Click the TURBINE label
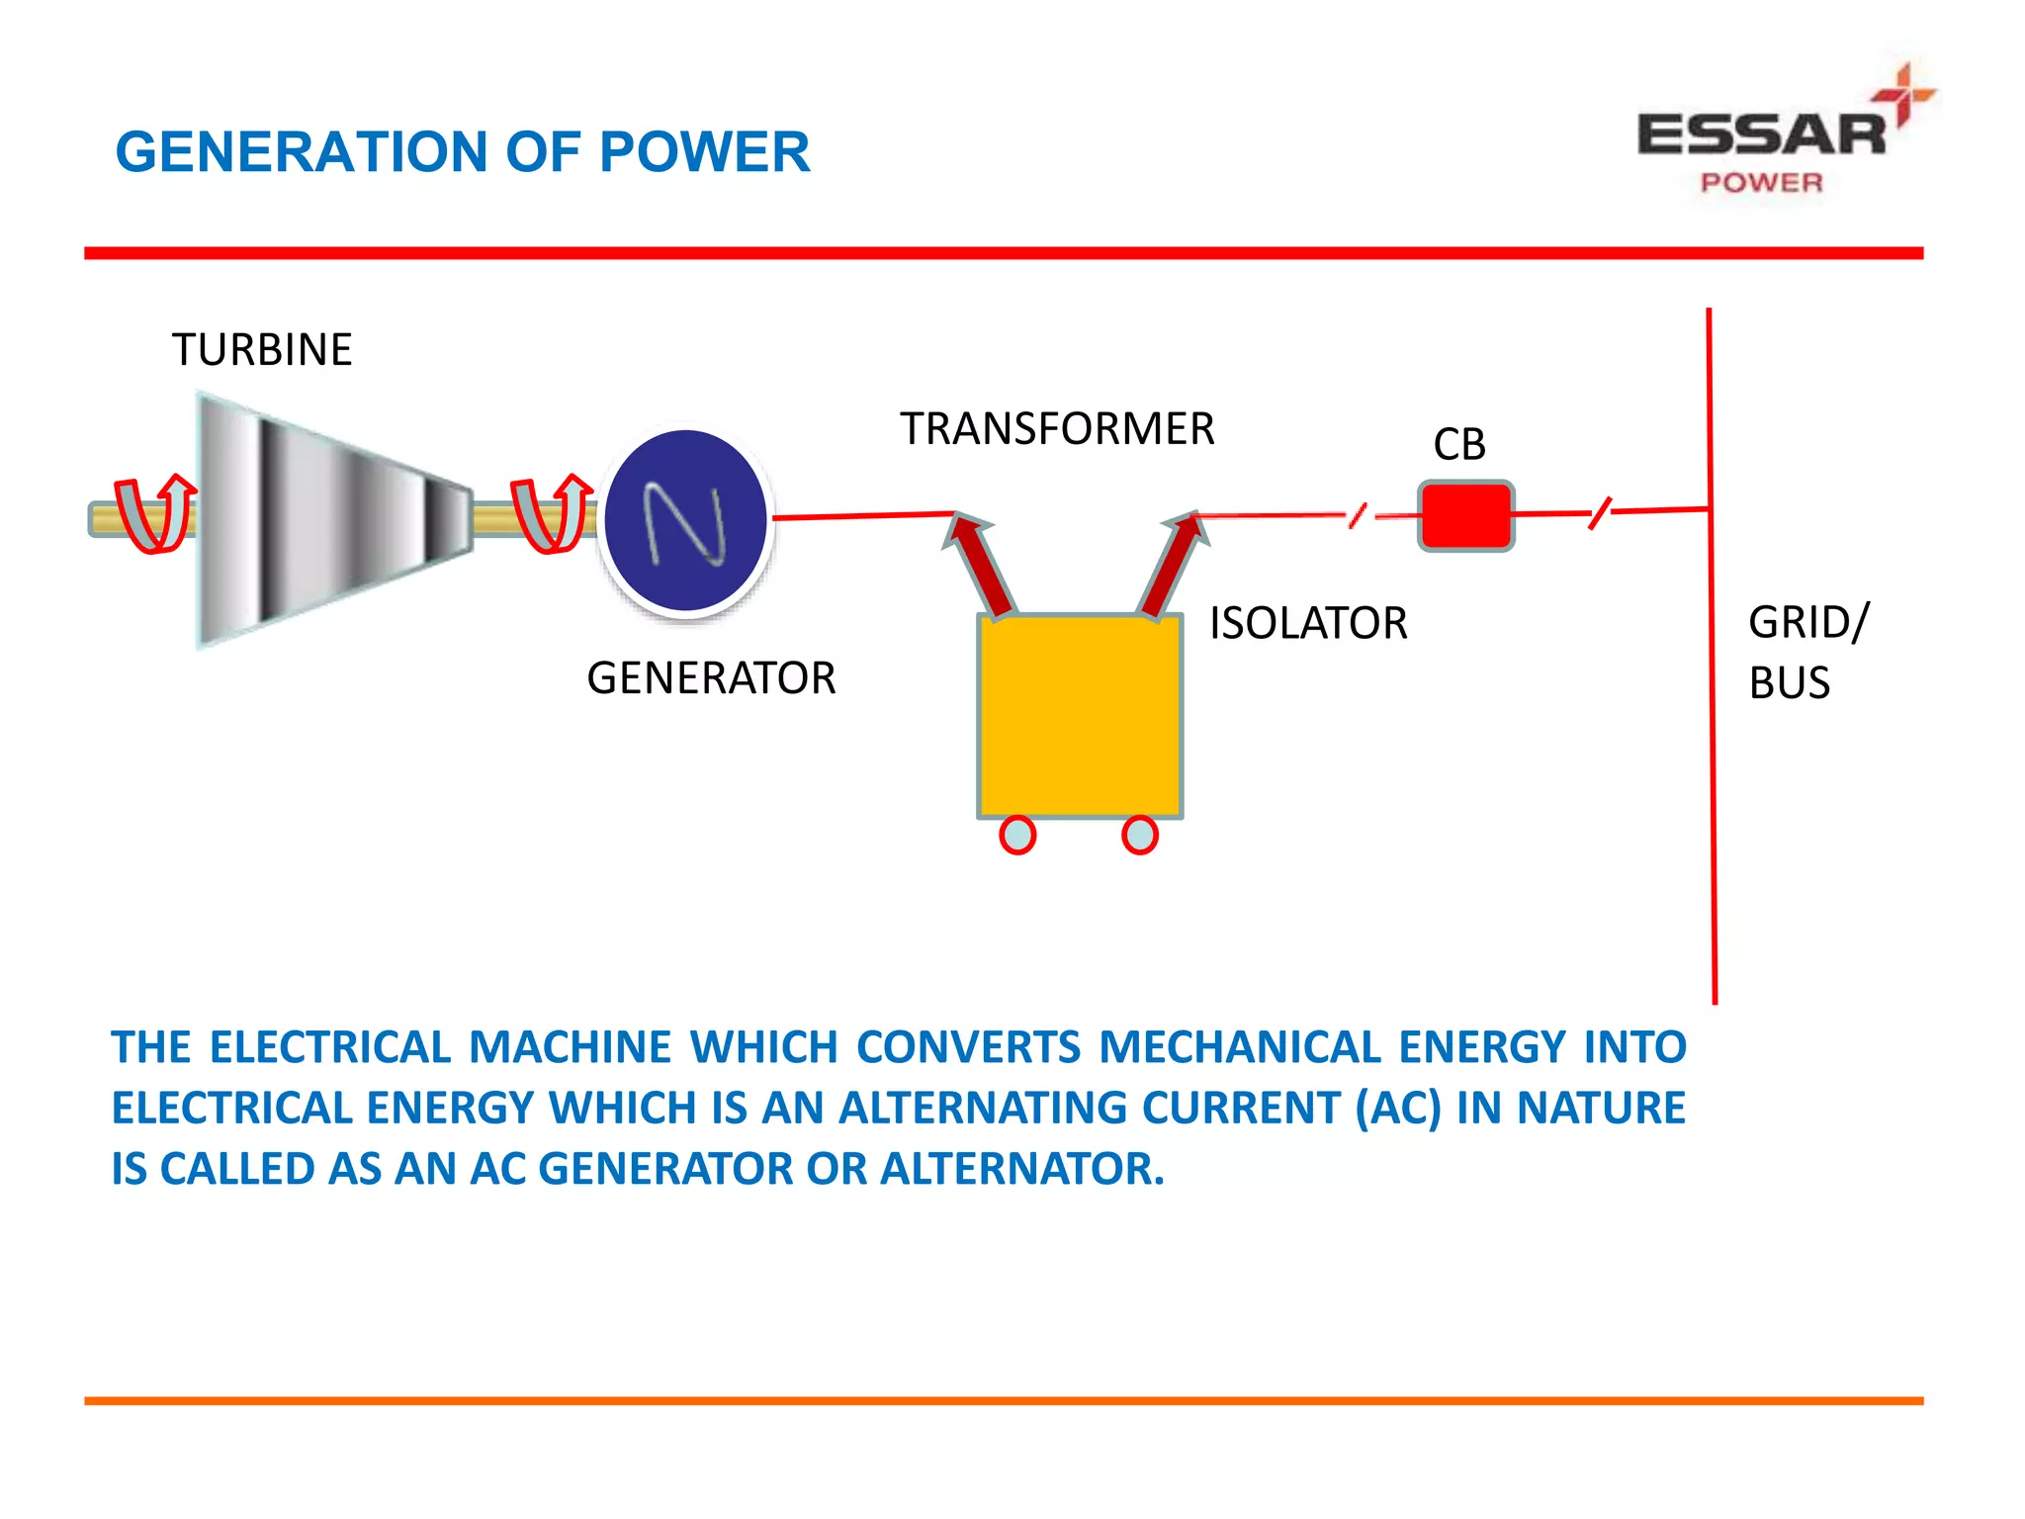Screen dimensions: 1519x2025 [x=262, y=350]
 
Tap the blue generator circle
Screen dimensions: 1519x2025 [x=685, y=520]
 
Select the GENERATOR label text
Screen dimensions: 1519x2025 [x=711, y=678]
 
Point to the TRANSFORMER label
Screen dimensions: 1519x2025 [x=1057, y=429]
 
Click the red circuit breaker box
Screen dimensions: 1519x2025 [x=1465, y=515]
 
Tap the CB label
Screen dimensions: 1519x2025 [x=1459, y=445]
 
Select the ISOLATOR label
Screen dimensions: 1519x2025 [x=1308, y=624]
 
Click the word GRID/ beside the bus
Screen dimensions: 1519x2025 [x=1808, y=623]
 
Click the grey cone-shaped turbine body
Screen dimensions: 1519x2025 [x=326, y=520]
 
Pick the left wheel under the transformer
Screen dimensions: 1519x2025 [x=1017, y=835]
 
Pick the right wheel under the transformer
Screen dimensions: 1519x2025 [x=1140, y=835]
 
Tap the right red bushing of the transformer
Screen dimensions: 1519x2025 [x=1175, y=564]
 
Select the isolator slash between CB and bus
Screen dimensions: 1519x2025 [x=1600, y=513]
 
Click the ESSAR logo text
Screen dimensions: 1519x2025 [x=1761, y=134]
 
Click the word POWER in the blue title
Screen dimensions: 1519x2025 [x=704, y=152]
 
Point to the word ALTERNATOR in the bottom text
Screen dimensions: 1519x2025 [x=1021, y=1169]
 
